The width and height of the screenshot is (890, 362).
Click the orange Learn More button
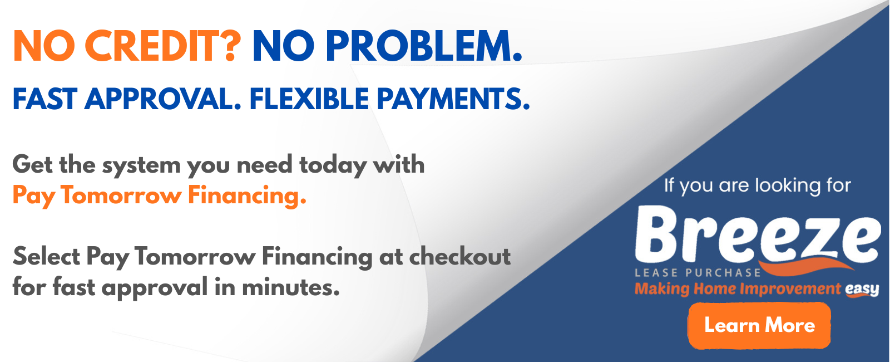coord(759,326)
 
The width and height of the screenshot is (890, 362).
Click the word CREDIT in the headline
coord(151,46)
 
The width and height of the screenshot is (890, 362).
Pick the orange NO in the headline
coord(44,46)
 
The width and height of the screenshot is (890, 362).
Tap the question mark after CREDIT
coord(230,46)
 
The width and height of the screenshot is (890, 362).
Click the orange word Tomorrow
coord(121,195)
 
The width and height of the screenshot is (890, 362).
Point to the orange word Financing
coord(247,196)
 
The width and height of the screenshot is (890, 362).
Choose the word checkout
coord(459,257)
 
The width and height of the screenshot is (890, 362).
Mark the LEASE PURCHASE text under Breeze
coord(698,273)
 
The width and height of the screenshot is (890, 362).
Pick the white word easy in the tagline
coord(862,289)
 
